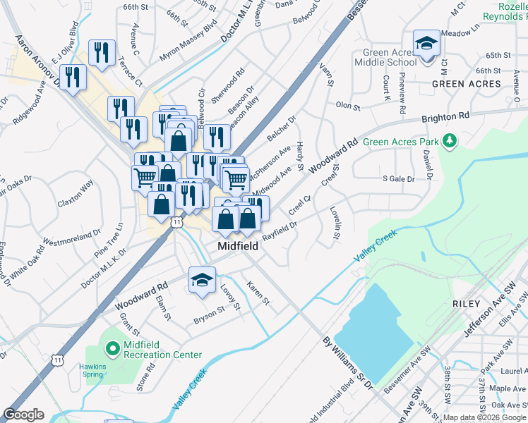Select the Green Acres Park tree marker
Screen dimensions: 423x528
click(x=450, y=142)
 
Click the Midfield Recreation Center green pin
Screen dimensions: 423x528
click(x=112, y=348)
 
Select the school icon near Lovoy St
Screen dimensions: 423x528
click(x=202, y=281)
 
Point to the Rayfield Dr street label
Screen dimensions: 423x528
click(x=279, y=231)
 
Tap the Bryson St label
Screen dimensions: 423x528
click(x=209, y=315)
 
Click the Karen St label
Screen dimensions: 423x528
click(x=258, y=293)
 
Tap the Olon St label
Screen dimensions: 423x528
click(x=348, y=106)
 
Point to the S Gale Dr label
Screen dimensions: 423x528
click(x=398, y=179)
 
